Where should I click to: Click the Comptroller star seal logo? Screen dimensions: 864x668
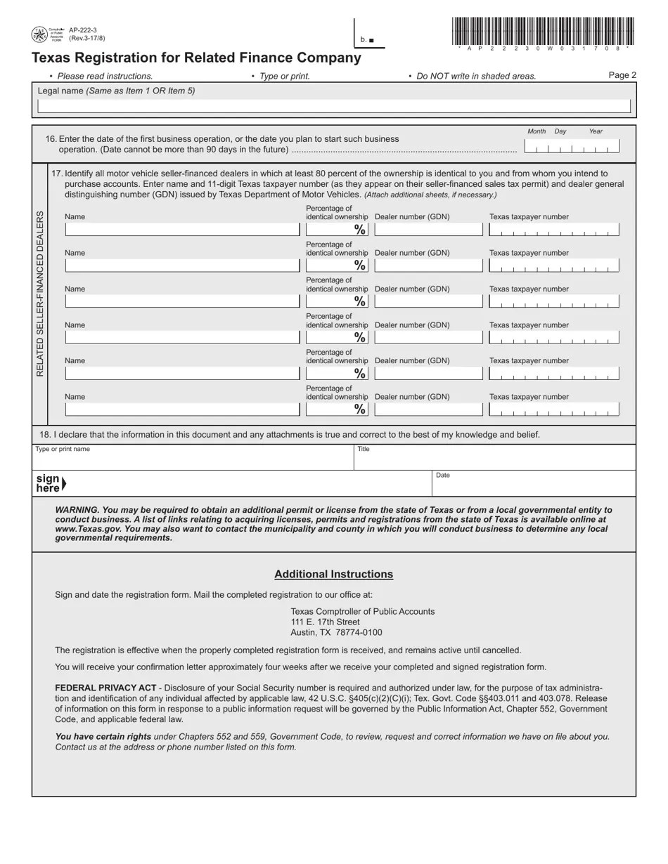39,34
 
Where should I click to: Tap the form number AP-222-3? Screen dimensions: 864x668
83,30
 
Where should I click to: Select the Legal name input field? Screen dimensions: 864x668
333,107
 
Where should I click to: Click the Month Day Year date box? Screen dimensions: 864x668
572,146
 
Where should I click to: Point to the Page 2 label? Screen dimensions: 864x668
622,75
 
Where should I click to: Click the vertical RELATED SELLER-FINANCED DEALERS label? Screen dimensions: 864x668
40,294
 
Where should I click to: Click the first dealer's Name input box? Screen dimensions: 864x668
182,229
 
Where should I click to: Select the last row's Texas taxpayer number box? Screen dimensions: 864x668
553,410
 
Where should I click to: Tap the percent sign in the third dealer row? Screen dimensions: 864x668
360,302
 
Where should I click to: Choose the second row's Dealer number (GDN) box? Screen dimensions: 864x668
428,266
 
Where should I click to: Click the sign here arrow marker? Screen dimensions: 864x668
64,483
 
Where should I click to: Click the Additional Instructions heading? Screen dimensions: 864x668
333,574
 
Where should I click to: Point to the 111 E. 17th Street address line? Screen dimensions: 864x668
325,622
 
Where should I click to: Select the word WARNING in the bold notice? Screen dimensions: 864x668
76,510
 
